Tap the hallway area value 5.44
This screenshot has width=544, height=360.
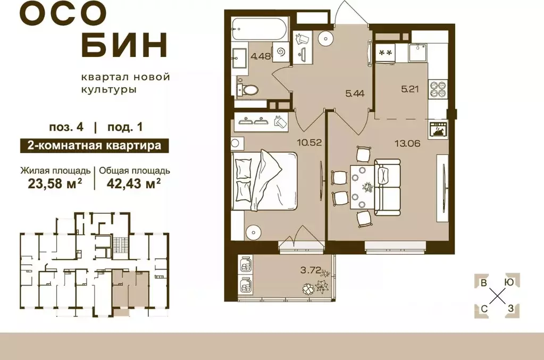pos(355,94)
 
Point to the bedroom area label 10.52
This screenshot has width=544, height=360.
pos(308,142)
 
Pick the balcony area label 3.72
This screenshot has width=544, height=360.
pos(310,270)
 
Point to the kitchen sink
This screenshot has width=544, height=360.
pos(420,52)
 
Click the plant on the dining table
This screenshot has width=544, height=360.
pos(367,188)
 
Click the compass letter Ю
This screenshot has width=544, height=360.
pos(509,283)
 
